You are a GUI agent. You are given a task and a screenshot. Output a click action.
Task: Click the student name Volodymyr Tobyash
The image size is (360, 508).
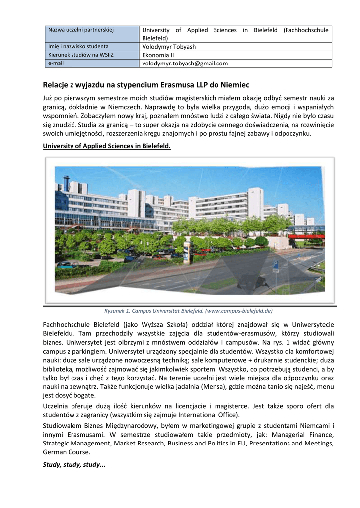point(169,47)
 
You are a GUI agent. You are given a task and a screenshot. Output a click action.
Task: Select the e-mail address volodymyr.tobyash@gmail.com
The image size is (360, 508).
point(185,63)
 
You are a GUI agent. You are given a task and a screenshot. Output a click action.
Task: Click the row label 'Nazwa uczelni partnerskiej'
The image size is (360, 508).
point(81,30)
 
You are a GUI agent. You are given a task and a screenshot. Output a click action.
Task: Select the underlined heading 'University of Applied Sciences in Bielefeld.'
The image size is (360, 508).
point(107,147)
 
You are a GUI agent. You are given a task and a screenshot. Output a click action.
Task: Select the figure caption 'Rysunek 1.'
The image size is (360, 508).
point(118,311)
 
